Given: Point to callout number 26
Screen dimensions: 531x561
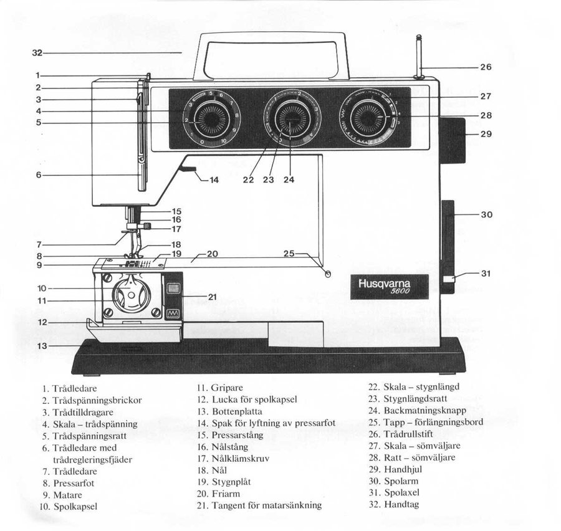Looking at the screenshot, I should pyautogui.click(x=486, y=67).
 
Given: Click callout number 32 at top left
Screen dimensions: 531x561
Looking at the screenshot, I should pyautogui.click(x=37, y=54).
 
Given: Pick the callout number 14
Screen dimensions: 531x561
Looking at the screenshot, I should pyautogui.click(x=214, y=180).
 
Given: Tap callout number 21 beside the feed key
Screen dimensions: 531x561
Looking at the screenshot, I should pyautogui.click(x=212, y=297).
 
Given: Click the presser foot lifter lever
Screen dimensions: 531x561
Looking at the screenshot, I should pyautogui.click(x=187, y=169).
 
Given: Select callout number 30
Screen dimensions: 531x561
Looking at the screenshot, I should pyautogui.click(x=486, y=214).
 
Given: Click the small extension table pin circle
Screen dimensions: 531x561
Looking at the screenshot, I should pyautogui.click(x=328, y=274).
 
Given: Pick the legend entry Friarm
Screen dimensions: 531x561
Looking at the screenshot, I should pyautogui.click(x=224, y=493).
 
